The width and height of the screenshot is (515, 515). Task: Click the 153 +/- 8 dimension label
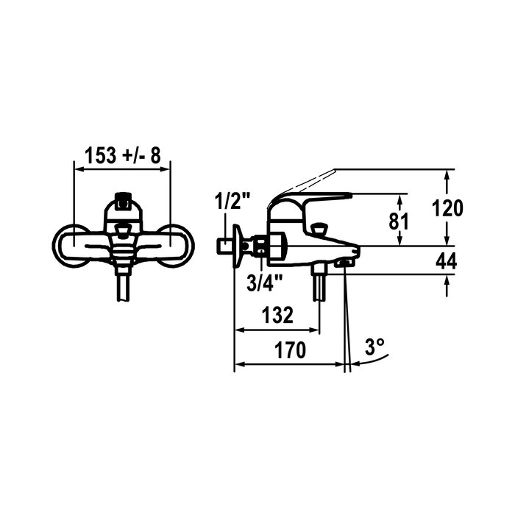click(123, 155)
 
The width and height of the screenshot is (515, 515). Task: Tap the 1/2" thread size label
click(232, 202)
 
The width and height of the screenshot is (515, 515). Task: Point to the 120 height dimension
click(447, 208)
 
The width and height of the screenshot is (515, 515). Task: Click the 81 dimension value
click(399, 221)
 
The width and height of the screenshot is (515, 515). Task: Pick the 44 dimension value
click(447, 262)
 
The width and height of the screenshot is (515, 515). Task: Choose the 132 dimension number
click(277, 315)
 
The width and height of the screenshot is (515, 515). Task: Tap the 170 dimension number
click(290, 350)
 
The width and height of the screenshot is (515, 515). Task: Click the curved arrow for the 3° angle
click(373, 361)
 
